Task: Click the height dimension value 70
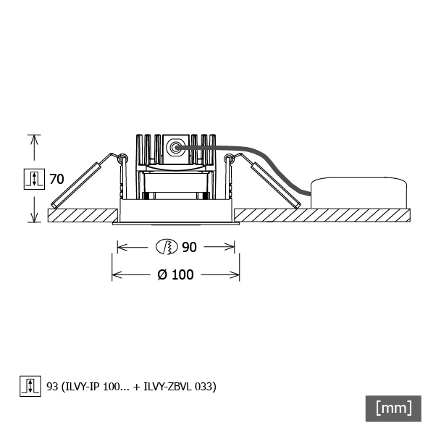click(56, 180)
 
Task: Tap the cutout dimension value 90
click(189, 247)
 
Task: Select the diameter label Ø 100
click(175, 274)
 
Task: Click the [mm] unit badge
click(393, 408)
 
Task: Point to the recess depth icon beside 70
click(34, 179)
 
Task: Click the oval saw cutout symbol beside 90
click(167, 247)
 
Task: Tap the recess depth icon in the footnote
click(30, 386)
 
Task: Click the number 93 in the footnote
click(52, 387)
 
